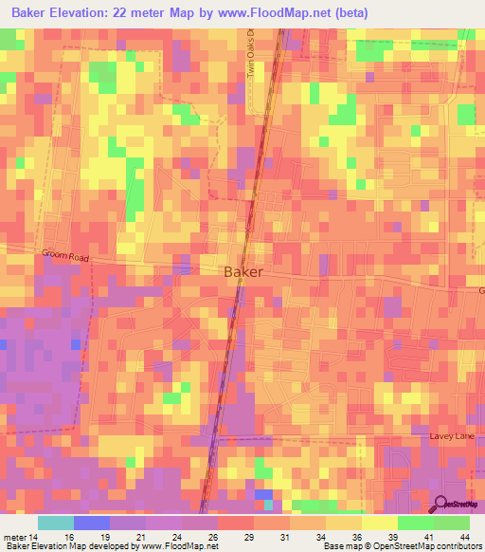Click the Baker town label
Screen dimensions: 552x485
pyautogui.click(x=243, y=271)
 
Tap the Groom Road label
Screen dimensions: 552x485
pyautogui.click(x=63, y=255)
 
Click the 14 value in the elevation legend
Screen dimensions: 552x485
pyautogui.click(x=33, y=536)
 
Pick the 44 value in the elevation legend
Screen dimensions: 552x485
pyautogui.click(x=464, y=536)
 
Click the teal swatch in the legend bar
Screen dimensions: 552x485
pyautogui.click(x=56, y=522)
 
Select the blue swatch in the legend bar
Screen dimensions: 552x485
pyautogui.click(x=92, y=522)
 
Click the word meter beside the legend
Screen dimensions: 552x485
pyautogui.click(x=13, y=536)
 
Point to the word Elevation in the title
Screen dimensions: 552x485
pyautogui.click(x=85, y=12)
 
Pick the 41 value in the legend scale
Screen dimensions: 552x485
pyautogui.click(x=428, y=536)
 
